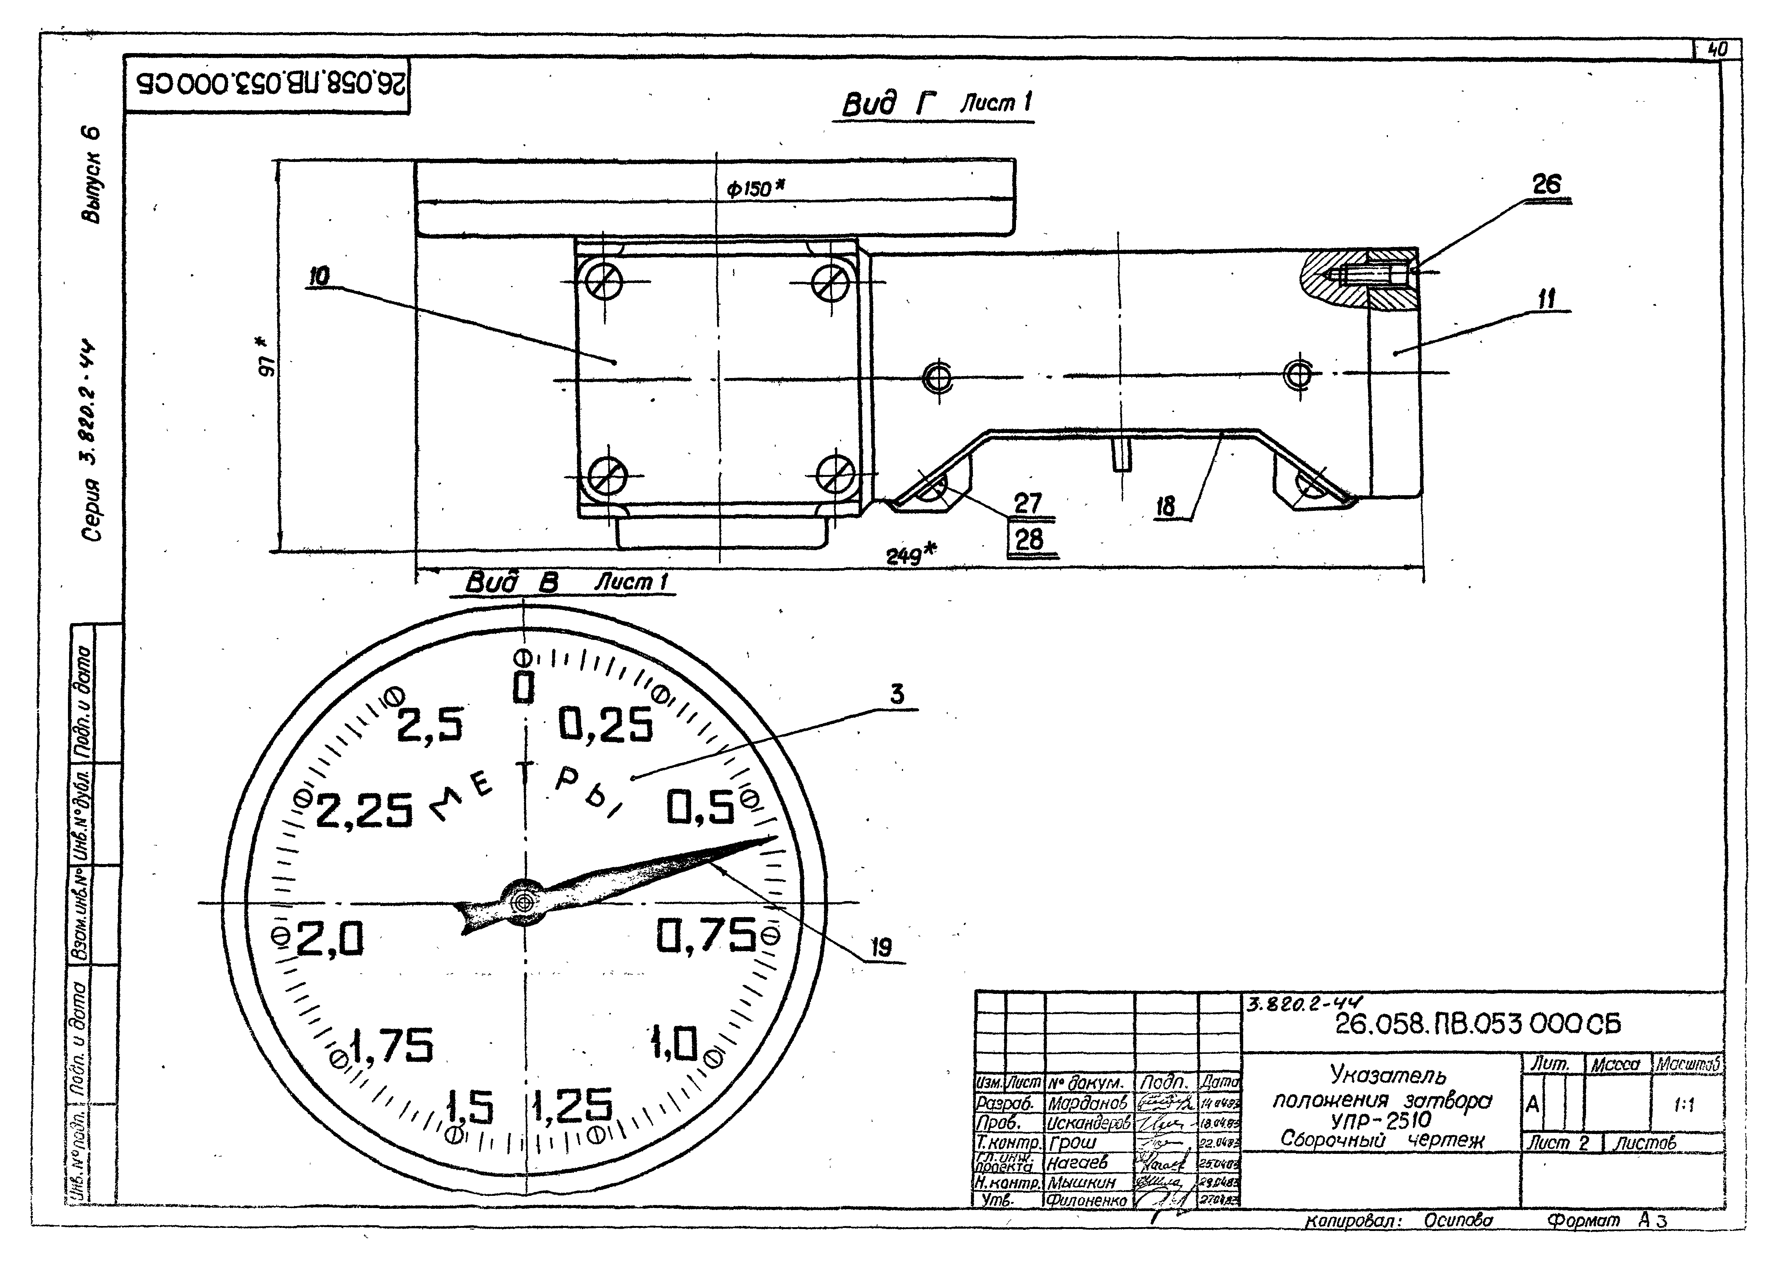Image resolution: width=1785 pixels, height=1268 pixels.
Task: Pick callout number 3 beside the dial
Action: point(897,694)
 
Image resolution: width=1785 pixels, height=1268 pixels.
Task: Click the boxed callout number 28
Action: point(1030,539)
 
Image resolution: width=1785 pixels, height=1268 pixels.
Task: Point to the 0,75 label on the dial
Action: point(705,935)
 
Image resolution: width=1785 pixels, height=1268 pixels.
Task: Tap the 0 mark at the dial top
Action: point(524,688)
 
